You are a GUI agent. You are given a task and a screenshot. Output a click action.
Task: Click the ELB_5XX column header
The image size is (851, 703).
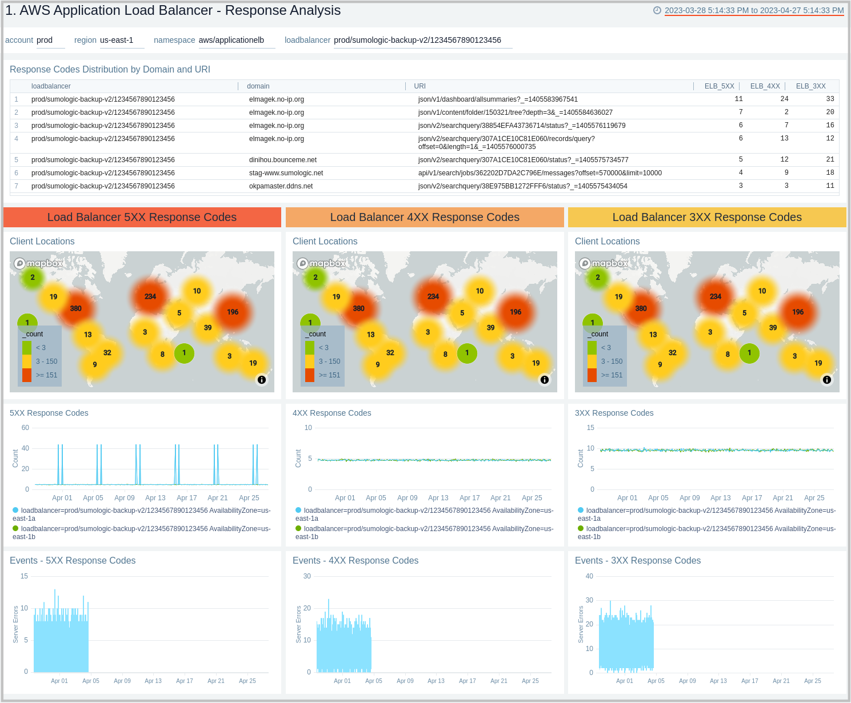click(x=719, y=86)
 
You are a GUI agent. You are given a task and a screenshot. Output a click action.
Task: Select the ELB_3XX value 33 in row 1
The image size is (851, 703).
click(x=830, y=99)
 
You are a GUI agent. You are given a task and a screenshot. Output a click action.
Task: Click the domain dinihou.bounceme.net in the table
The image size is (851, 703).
click(x=282, y=160)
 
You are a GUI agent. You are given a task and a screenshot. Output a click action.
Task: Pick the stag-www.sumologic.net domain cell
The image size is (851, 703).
click(x=286, y=173)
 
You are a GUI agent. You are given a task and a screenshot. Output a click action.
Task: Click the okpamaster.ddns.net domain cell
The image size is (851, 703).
click(x=281, y=186)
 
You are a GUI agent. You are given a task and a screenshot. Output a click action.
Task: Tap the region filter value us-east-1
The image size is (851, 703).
click(x=117, y=40)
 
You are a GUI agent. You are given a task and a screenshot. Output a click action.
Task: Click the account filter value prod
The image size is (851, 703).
click(x=45, y=40)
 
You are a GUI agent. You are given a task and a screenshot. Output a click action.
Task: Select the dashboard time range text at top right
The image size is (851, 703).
click(x=754, y=10)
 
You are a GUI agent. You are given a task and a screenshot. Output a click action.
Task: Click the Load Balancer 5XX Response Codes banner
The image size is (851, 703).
click(x=142, y=218)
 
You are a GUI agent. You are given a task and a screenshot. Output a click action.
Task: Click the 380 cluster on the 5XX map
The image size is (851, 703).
click(x=75, y=308)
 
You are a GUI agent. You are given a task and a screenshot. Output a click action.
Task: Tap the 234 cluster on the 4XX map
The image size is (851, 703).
click(x=433, y=296)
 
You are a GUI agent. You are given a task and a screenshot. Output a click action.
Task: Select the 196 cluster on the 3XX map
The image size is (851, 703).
click(x=798, y=312)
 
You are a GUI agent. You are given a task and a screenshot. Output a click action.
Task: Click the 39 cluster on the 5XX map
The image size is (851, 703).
click(x=208, y=328)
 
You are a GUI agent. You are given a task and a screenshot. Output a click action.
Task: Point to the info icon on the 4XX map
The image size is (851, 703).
click(x=544, y=380)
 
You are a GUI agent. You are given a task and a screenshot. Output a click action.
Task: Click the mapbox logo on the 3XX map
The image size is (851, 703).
click(x=604, y=263)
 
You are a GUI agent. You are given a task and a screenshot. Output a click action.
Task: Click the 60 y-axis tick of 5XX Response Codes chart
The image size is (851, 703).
click(x=25, y=428)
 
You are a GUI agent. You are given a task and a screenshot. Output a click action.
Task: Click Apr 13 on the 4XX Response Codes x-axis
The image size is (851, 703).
click(x=438, y=498)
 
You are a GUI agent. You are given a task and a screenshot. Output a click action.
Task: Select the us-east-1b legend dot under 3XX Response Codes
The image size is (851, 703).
click(x=581, y=529)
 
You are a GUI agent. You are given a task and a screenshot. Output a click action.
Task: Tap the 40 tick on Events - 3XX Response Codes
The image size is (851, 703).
click(x=589, y=576)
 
